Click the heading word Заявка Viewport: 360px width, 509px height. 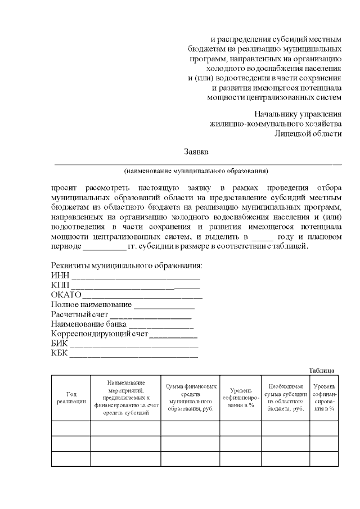coord(196,152)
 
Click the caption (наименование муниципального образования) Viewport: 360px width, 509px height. coord(196,170)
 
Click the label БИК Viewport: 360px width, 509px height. coord(59,344)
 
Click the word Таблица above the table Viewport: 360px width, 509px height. coord(322,370)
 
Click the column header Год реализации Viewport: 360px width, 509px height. coord(71,398)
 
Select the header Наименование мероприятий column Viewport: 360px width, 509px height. coord(125,398)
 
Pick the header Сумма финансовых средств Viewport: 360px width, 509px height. coord(190,398)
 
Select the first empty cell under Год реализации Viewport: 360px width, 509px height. coord(71,428)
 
